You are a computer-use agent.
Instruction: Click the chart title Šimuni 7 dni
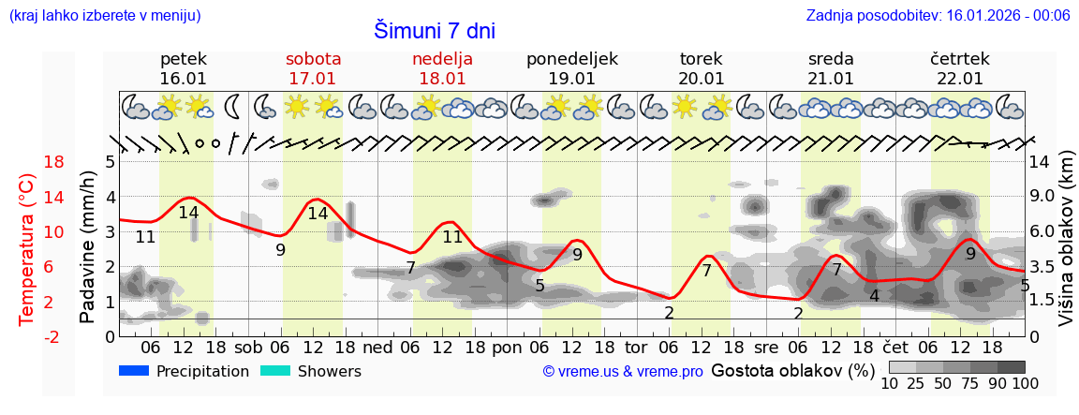tap(435, 30)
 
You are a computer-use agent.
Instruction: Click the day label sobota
tap(313, 59)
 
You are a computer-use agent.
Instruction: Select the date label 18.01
tap(443, 79)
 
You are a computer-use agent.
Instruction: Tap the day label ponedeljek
tap(571, 59)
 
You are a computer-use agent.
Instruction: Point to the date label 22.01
tap(959, 79)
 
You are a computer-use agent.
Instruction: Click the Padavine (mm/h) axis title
tap(87, 248)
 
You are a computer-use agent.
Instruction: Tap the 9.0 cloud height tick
tap(1042, 197)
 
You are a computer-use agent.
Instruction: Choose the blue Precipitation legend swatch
tap(134, 371)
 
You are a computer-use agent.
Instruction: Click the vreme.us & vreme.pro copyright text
tap(622, 372)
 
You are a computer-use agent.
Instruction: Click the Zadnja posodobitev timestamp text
tap(938, 15)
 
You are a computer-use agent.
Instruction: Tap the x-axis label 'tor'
tap(636, 346)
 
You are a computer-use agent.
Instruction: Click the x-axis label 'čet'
tap(896, 346)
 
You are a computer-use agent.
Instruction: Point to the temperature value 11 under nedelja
tap(453, 237)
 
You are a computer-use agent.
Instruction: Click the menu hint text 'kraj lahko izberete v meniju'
tap(104, 15)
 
